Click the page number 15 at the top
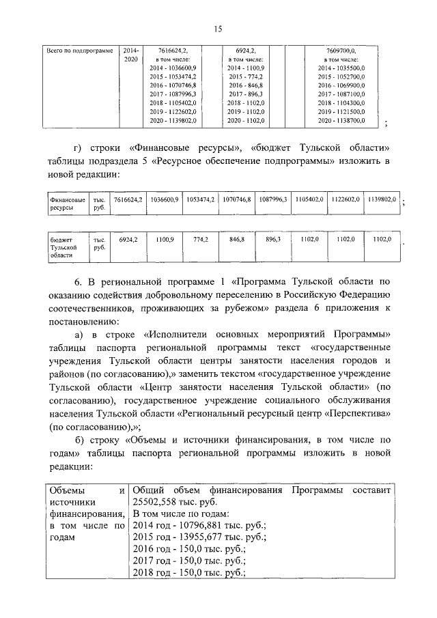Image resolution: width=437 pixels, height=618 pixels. tap(218, 28)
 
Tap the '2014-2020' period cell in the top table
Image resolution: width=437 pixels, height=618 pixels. tap(131, 55)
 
